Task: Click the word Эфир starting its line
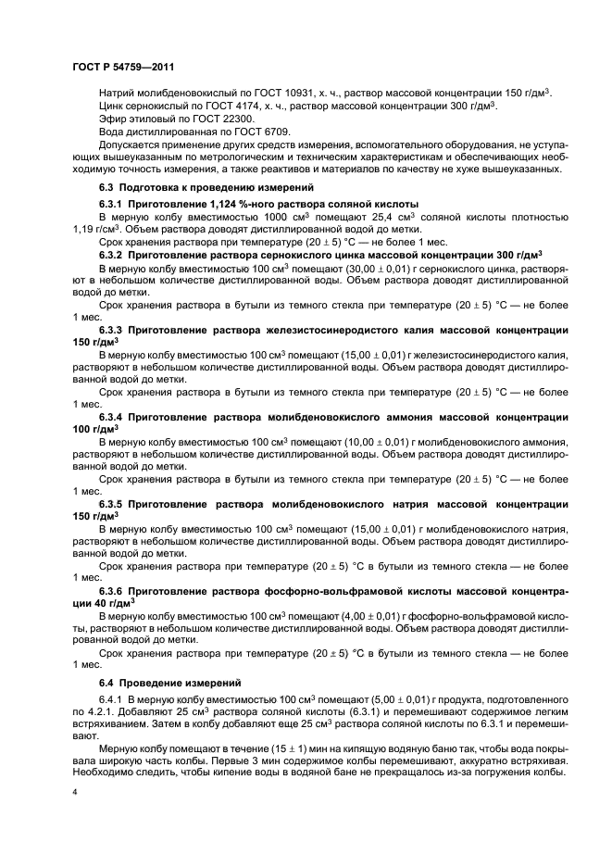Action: (x=111, y=119)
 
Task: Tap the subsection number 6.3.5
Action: (x=115, y=504)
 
